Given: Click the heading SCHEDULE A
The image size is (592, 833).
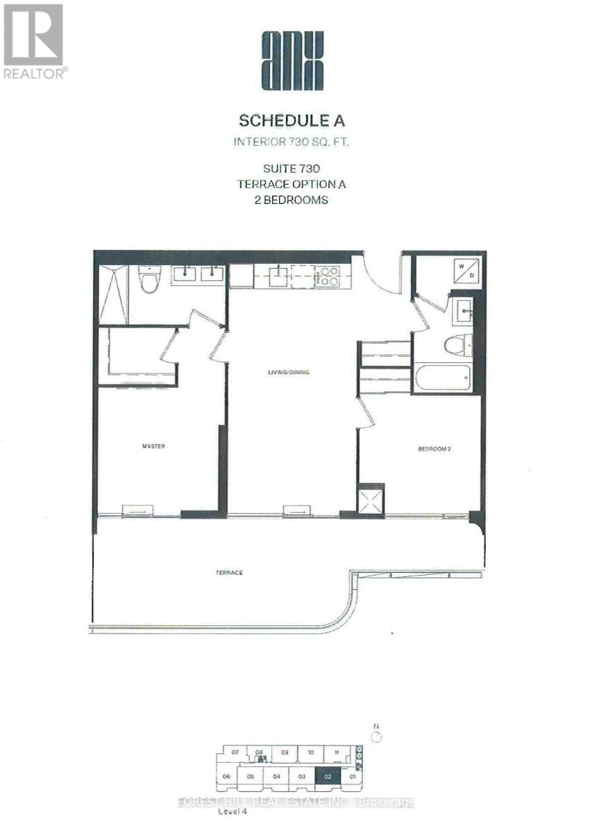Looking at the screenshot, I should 291,120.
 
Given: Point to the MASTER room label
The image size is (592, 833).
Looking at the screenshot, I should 153,446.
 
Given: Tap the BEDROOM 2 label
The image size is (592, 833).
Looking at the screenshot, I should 434,449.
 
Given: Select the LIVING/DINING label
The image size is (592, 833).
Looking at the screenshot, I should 289,373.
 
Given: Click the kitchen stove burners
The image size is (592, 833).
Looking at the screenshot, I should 326,276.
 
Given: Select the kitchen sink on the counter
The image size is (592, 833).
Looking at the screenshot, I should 279,276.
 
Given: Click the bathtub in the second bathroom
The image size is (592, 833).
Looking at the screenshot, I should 442,378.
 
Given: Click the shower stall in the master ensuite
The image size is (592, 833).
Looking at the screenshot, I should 113,294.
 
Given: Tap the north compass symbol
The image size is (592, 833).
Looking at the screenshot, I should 376,737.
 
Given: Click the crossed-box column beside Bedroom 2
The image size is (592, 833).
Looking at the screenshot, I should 371,500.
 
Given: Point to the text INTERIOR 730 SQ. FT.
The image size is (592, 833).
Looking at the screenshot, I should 291,143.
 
